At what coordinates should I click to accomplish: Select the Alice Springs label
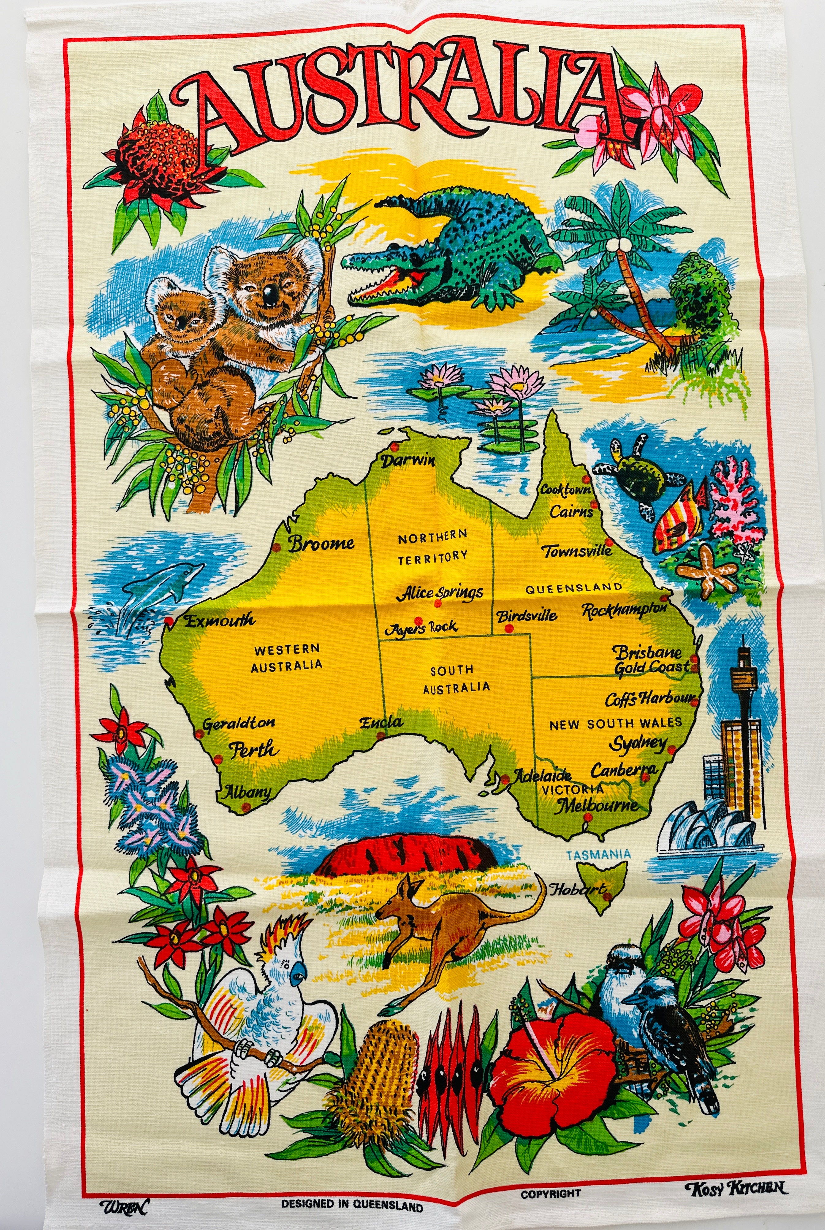[x=440, y=593]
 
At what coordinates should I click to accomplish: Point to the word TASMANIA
[x=598, y=854]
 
